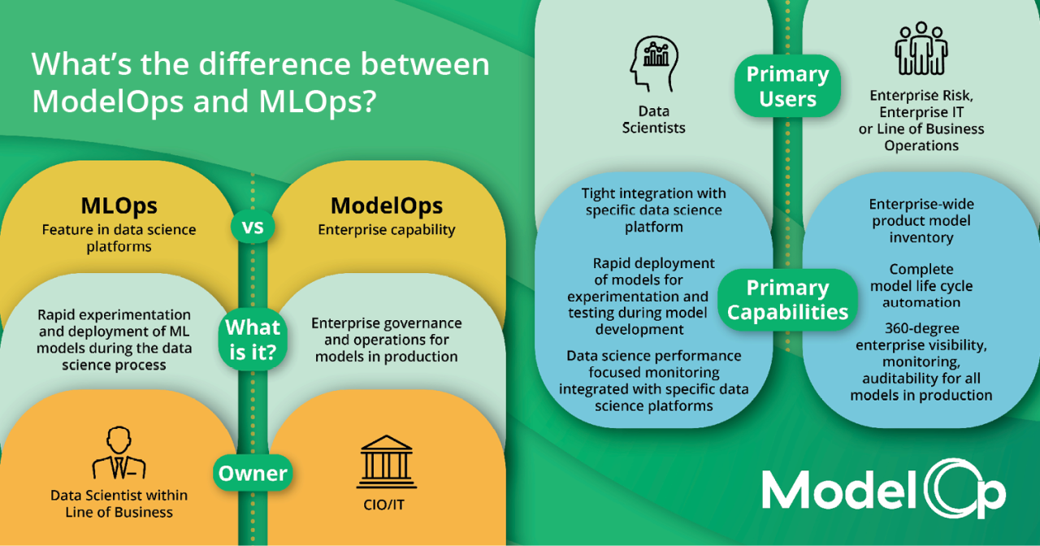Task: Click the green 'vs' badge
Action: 253,227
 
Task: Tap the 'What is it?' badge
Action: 253,340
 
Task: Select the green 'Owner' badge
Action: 253,473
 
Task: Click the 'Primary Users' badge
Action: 787,86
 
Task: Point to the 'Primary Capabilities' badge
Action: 787,300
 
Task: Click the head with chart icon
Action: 654,64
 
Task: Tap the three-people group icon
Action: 921,48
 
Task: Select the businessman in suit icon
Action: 119,453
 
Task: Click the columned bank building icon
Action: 386,461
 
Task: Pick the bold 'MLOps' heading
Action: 119,206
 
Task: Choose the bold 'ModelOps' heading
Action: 386,206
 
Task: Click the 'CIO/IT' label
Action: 384,505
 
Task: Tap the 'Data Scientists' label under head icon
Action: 654,119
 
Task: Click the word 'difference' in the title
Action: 275,63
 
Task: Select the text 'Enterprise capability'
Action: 386,230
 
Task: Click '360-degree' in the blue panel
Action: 921,328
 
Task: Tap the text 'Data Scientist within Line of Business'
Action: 119,504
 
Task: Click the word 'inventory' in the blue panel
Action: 921,238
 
